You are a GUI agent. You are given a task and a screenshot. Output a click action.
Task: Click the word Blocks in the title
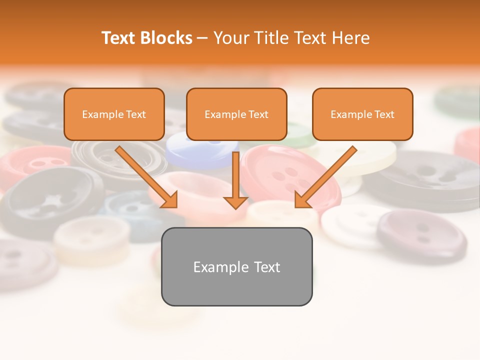pyautogui.click(x=166, y=38)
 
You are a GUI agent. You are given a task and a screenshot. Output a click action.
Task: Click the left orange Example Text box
pyautogui.click(x=114, y=114)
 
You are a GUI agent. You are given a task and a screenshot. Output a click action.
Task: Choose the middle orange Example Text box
pyautogui.click(x=236, y=114)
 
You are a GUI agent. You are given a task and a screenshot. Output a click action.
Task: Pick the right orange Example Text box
pyautogui.click(x=362, y=114)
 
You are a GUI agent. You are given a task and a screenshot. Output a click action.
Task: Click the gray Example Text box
pyautogui.click(x=236, y=266)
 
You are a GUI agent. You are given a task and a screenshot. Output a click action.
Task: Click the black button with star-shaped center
pyautogui.click(x=50, y=200)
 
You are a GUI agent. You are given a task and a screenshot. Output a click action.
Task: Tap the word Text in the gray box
pyautogui.click(x=266, y=267)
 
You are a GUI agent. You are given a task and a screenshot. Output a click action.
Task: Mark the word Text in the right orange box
pyautogui.click(x=384, y=114)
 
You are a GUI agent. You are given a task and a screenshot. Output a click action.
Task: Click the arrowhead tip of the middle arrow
pyautogui.click(x=235, y=207)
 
